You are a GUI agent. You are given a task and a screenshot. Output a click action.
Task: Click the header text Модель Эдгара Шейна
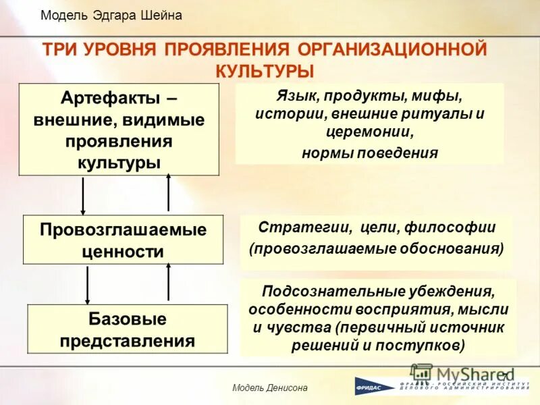click(111, 16)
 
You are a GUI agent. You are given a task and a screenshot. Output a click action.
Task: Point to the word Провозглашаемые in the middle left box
click(123, 230)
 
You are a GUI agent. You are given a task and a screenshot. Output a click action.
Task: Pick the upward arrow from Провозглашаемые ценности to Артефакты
click(168, 192)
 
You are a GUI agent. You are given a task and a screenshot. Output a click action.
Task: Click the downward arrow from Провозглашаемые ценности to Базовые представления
click(87, 283)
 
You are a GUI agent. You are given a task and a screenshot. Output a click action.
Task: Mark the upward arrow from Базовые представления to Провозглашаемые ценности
click(168, 282)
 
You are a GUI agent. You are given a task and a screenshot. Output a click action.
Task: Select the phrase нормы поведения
click(369, 152)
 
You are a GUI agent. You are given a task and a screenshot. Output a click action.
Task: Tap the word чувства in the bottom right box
click(292, 328)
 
